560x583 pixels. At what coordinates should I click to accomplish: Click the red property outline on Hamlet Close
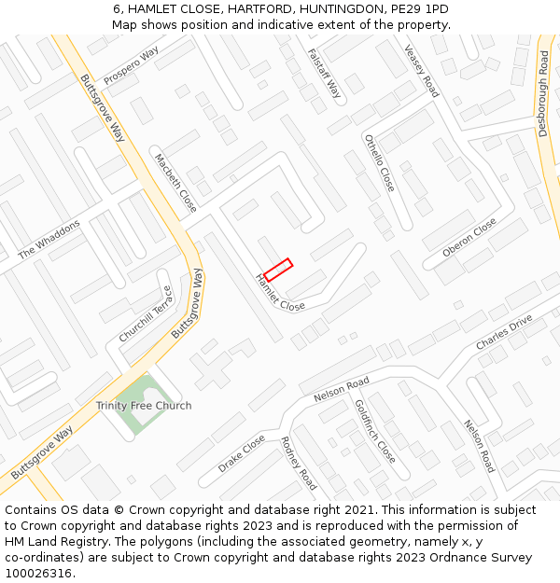278,270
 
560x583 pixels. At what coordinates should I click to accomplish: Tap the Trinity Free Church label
144,406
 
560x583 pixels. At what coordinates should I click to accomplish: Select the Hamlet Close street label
280,293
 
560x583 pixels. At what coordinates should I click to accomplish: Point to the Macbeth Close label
175,183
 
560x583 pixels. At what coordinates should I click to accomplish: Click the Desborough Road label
543,93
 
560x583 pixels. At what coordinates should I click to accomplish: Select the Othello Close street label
380,162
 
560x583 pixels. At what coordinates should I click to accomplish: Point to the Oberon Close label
469,239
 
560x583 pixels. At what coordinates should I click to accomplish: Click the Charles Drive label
504,332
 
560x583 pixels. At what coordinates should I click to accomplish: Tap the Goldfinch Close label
374,431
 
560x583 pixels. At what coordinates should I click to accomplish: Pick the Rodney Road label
298,463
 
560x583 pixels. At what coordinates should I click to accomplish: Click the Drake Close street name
242,452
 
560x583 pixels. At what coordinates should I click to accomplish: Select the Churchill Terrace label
145,313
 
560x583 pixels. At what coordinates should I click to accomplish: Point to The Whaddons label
49,240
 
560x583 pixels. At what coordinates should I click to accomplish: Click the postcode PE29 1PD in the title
419,9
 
